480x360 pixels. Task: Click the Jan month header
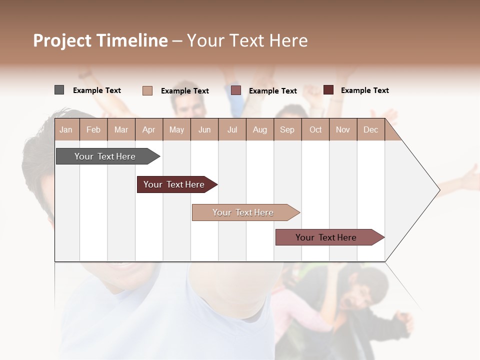click(x=66, y=129)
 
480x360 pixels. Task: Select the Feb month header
click(x=93, y=129)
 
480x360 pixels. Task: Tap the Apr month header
click(x=148, y=129)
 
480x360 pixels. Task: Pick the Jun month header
click(x=204, y=129)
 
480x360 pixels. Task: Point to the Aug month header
click(x=259, y=129)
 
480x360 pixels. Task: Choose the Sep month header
click(x=287, y=129)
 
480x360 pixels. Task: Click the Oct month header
click(x=315, y=129)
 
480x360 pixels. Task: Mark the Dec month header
click(x=370, y=129)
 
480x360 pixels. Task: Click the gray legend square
click(x=59, y=90)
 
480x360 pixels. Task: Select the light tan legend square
click(x=147, y=90)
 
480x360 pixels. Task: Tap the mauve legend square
click(x=236, y=90)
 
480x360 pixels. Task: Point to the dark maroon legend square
click(x=328, y=90)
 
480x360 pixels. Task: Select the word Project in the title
click(x=62, y=40)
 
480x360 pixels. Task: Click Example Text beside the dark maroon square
click(x=364, y=90)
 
